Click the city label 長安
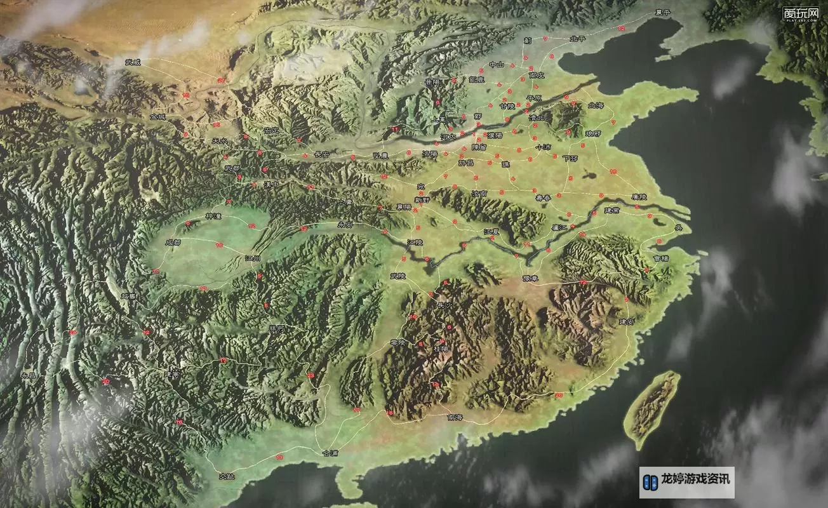[x=322, y=154]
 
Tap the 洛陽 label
[x=430, y=154]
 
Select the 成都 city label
[x=173, y=242]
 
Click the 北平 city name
[x=578, y=39]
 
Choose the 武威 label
[x=133, y=62]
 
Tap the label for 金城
[x=157, y=117]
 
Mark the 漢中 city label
[x=272, y=184]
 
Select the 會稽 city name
[x=660, y=258]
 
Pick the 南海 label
[x=455, y=417]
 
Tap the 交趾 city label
[x=227, y=476]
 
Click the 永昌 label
[x=29, y=375]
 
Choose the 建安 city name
[x=627, y=322]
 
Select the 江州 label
[x=252, y=258]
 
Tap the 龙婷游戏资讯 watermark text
[x=695, y=479]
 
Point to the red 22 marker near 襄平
[x=621, y=29]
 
